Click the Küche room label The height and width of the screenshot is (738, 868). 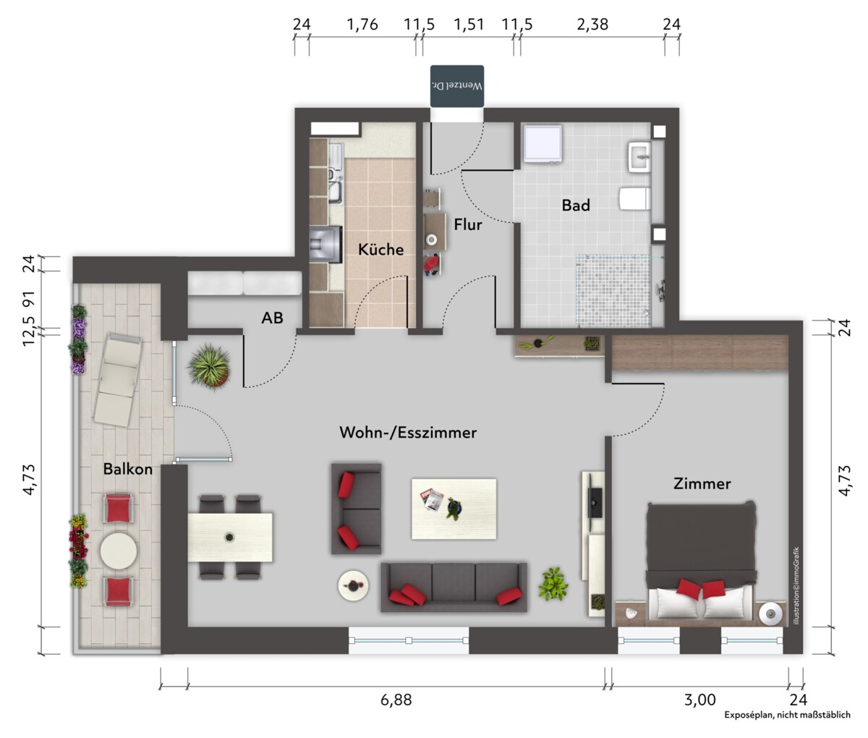pyautogui.click(x=381, y=250)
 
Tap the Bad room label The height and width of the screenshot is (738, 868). pyautogui.click(x=576, y=205)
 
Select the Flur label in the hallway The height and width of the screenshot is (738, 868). pyautogui.click(x=468, y=225)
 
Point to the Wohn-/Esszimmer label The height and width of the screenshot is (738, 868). pyautogui.click(x=408, y=433)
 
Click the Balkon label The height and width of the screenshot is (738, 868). pyautogui.click(x=127, y=469)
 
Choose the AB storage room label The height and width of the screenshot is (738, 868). pyautogui.click(x=272, y=318)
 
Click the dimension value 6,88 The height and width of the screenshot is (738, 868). pyautogui.click(x=396, y=700)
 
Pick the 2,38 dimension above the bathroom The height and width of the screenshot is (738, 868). pyautogui.click(x=592, y=25)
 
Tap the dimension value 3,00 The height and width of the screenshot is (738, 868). pyautogui.click(x=700, y=700)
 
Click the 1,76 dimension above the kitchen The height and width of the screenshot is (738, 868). pyautogui.click(x=362, y=25)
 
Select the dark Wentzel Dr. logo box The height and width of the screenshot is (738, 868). pyautogui.click(x=457, y=86)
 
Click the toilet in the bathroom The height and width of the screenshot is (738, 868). pyautogui.click(x=635, y=199)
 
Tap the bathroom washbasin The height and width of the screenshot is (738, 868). pyautogui.click(x=639, y=157)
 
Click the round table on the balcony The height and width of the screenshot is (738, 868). pyautogui.click(x=119, y=551)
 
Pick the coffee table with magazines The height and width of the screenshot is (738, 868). pyautogui.click(x=454, y=509)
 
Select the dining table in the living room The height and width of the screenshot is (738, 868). pyautogui.click(x=230, y=538)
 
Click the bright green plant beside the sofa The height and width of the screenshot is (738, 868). pyautogui.click(x=553, y=584)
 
